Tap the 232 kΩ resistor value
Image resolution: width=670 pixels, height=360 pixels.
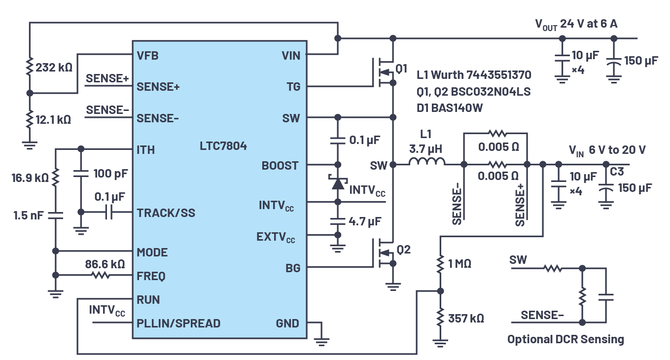54,67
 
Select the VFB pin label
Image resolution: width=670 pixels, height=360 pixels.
147,56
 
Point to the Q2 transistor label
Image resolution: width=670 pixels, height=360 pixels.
403,250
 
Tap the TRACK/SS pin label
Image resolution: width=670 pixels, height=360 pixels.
166,213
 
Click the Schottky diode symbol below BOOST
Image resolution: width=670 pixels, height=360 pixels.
338,183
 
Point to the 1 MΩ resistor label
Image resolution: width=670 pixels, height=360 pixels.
460,264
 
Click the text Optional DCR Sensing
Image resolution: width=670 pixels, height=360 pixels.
565,339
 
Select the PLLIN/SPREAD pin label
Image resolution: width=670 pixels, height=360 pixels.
178,324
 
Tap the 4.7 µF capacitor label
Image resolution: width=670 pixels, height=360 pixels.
365,221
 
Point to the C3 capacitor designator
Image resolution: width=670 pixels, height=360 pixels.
617,172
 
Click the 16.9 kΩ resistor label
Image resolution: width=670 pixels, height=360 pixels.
31,178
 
